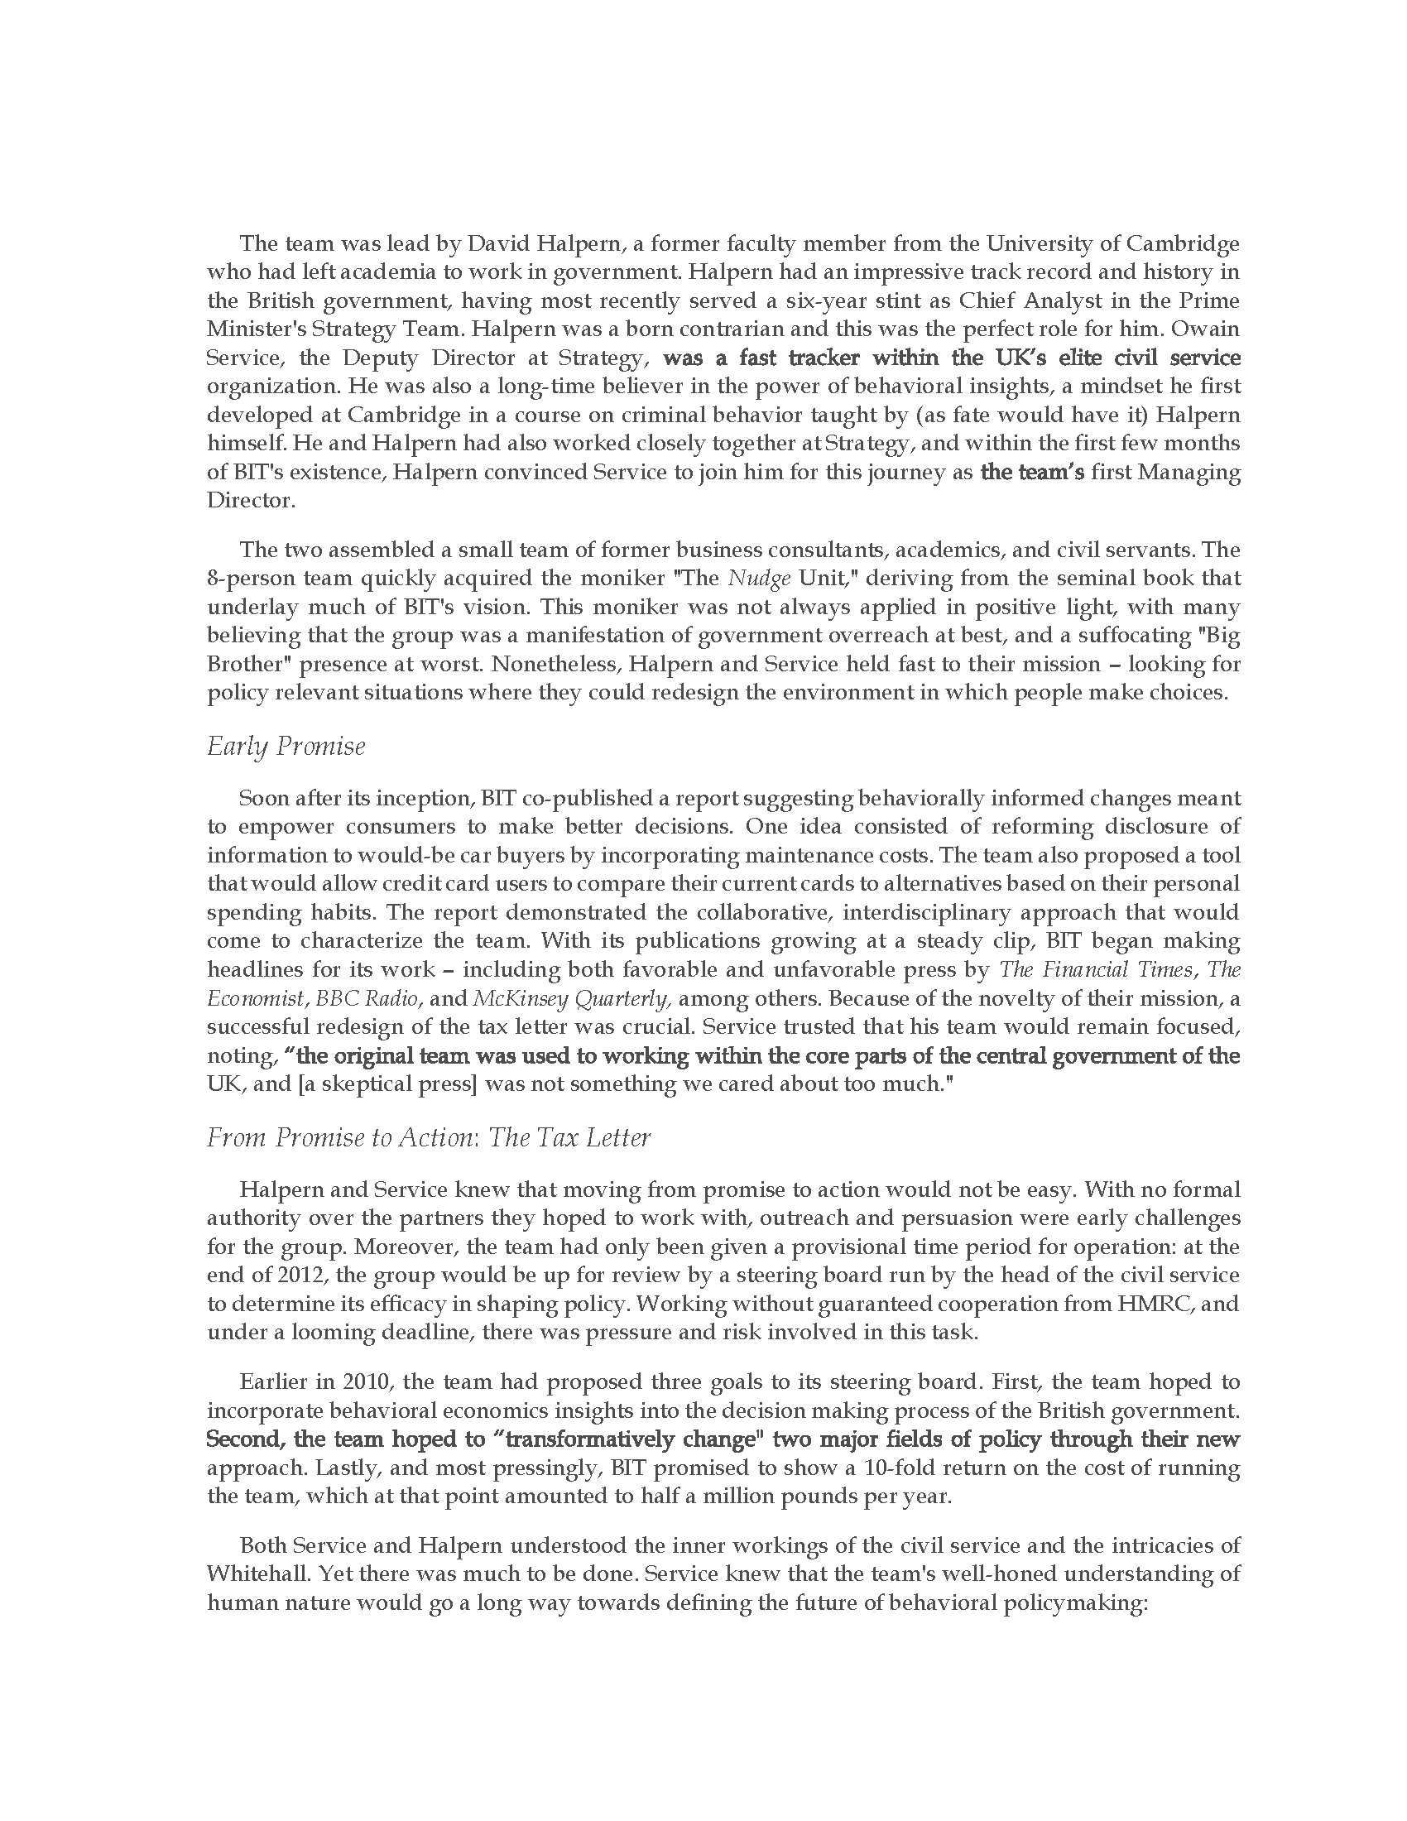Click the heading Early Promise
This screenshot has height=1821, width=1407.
tap(286, 747)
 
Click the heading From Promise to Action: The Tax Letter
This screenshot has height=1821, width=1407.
tap(429, 1137)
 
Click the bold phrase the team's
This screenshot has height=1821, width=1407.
tap(1033, 472)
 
